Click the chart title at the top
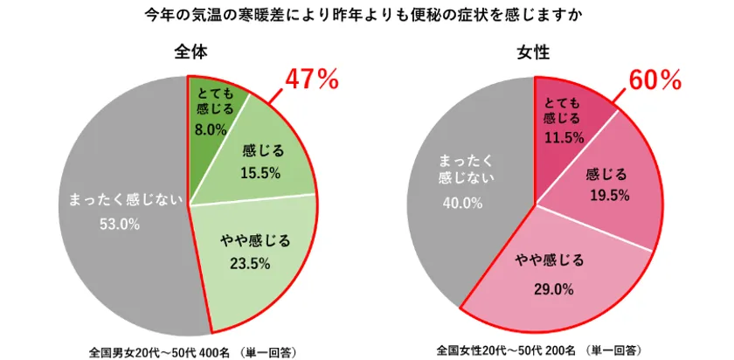pos(366,16)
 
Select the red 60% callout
pos(654,80)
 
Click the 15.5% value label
pos(260,173)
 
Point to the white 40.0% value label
pos(462,203)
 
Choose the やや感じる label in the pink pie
pos(549,260)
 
